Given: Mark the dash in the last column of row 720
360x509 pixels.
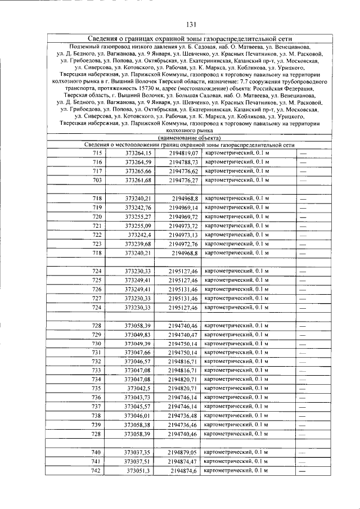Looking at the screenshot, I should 303,217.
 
